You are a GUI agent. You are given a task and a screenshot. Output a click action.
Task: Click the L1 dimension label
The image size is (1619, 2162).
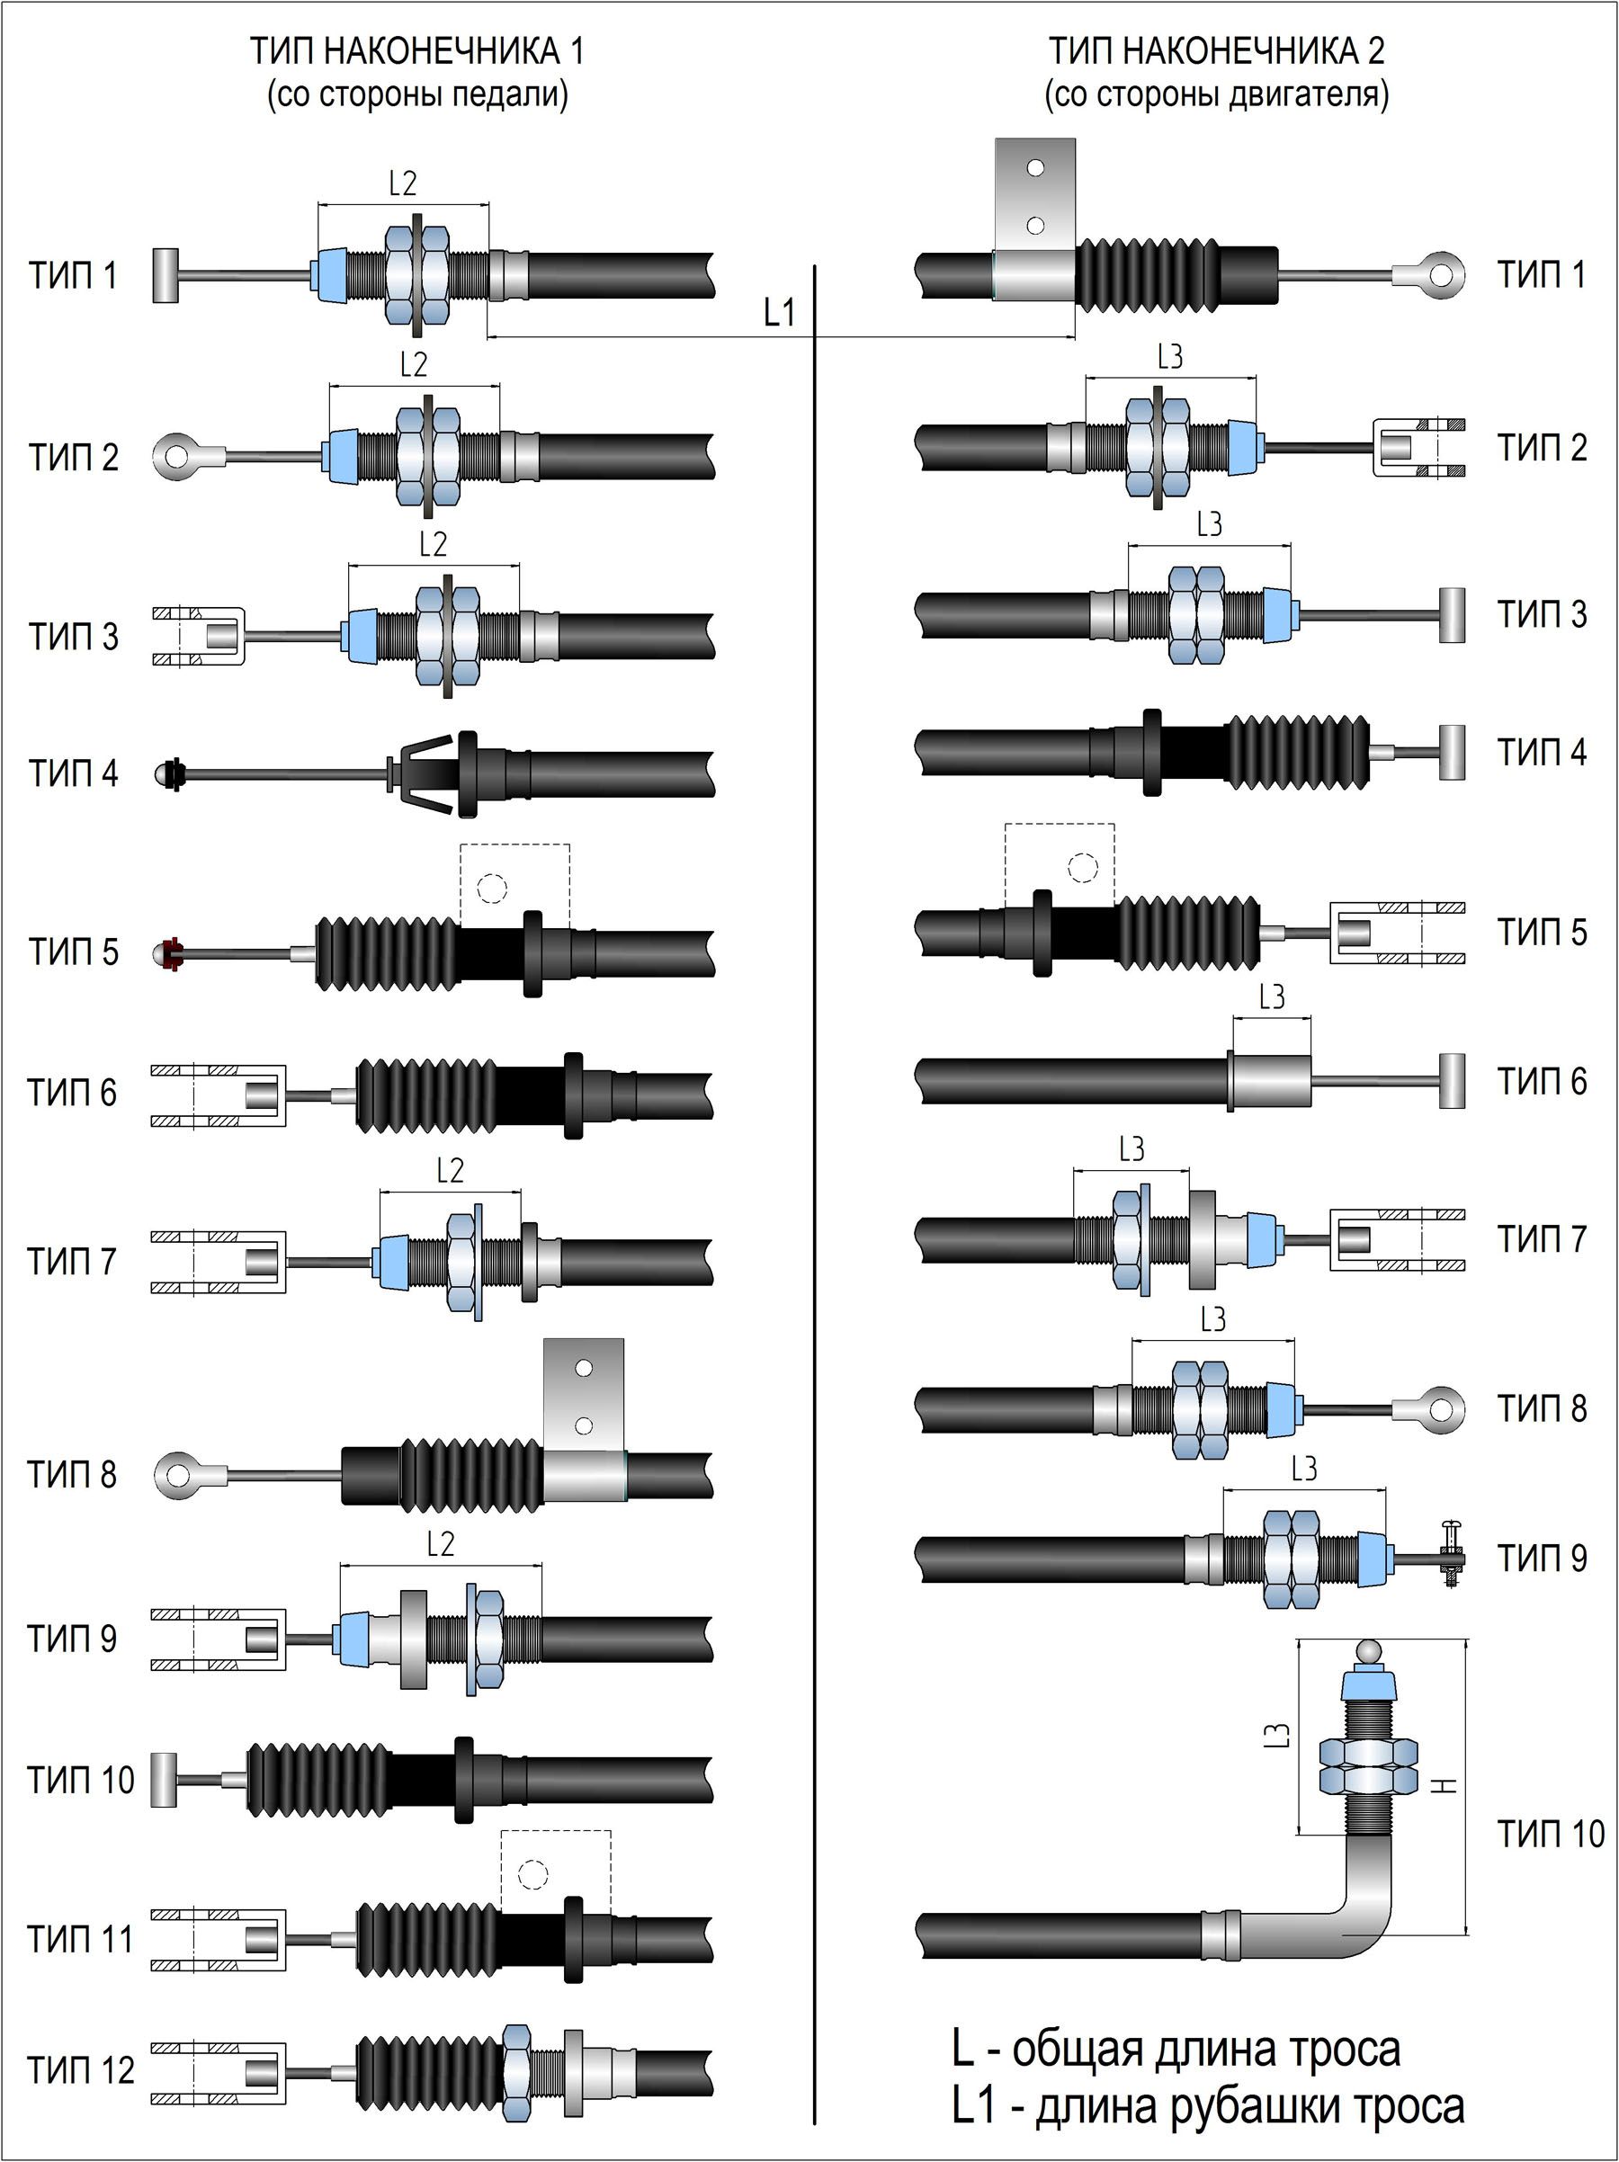779,313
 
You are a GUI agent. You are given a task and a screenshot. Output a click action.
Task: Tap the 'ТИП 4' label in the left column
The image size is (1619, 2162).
74,773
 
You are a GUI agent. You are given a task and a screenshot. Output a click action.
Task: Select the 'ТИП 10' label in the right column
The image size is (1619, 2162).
1552,1835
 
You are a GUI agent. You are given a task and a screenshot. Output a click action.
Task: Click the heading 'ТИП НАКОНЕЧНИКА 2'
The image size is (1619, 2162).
1217,51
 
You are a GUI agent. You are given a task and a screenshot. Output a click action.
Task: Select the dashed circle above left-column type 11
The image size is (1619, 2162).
532,1874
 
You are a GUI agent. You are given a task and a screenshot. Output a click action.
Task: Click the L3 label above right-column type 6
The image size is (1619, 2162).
1271,997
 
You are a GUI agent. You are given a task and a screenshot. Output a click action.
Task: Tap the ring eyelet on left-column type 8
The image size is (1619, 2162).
180,1475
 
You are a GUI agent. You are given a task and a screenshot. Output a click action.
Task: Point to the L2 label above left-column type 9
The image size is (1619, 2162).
441,1543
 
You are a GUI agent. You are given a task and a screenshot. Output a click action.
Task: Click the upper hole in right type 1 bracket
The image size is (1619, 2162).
1035,167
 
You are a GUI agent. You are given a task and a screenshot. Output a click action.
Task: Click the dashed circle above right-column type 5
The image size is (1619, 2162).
1082,867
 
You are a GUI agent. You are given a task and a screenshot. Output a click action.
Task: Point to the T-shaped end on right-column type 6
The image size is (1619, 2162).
1452,1081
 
